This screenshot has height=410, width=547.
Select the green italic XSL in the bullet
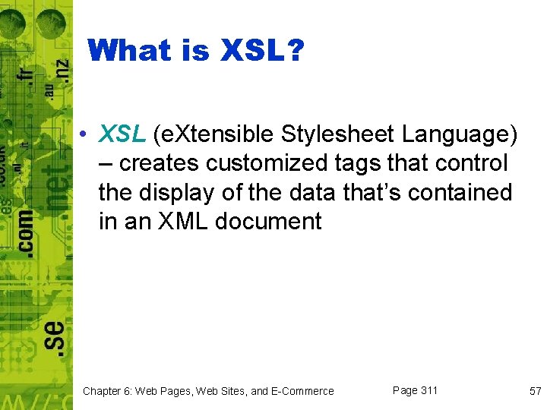(122, 134)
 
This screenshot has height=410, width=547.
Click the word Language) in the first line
(460, 134)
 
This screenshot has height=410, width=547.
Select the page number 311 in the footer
(429, 390)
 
